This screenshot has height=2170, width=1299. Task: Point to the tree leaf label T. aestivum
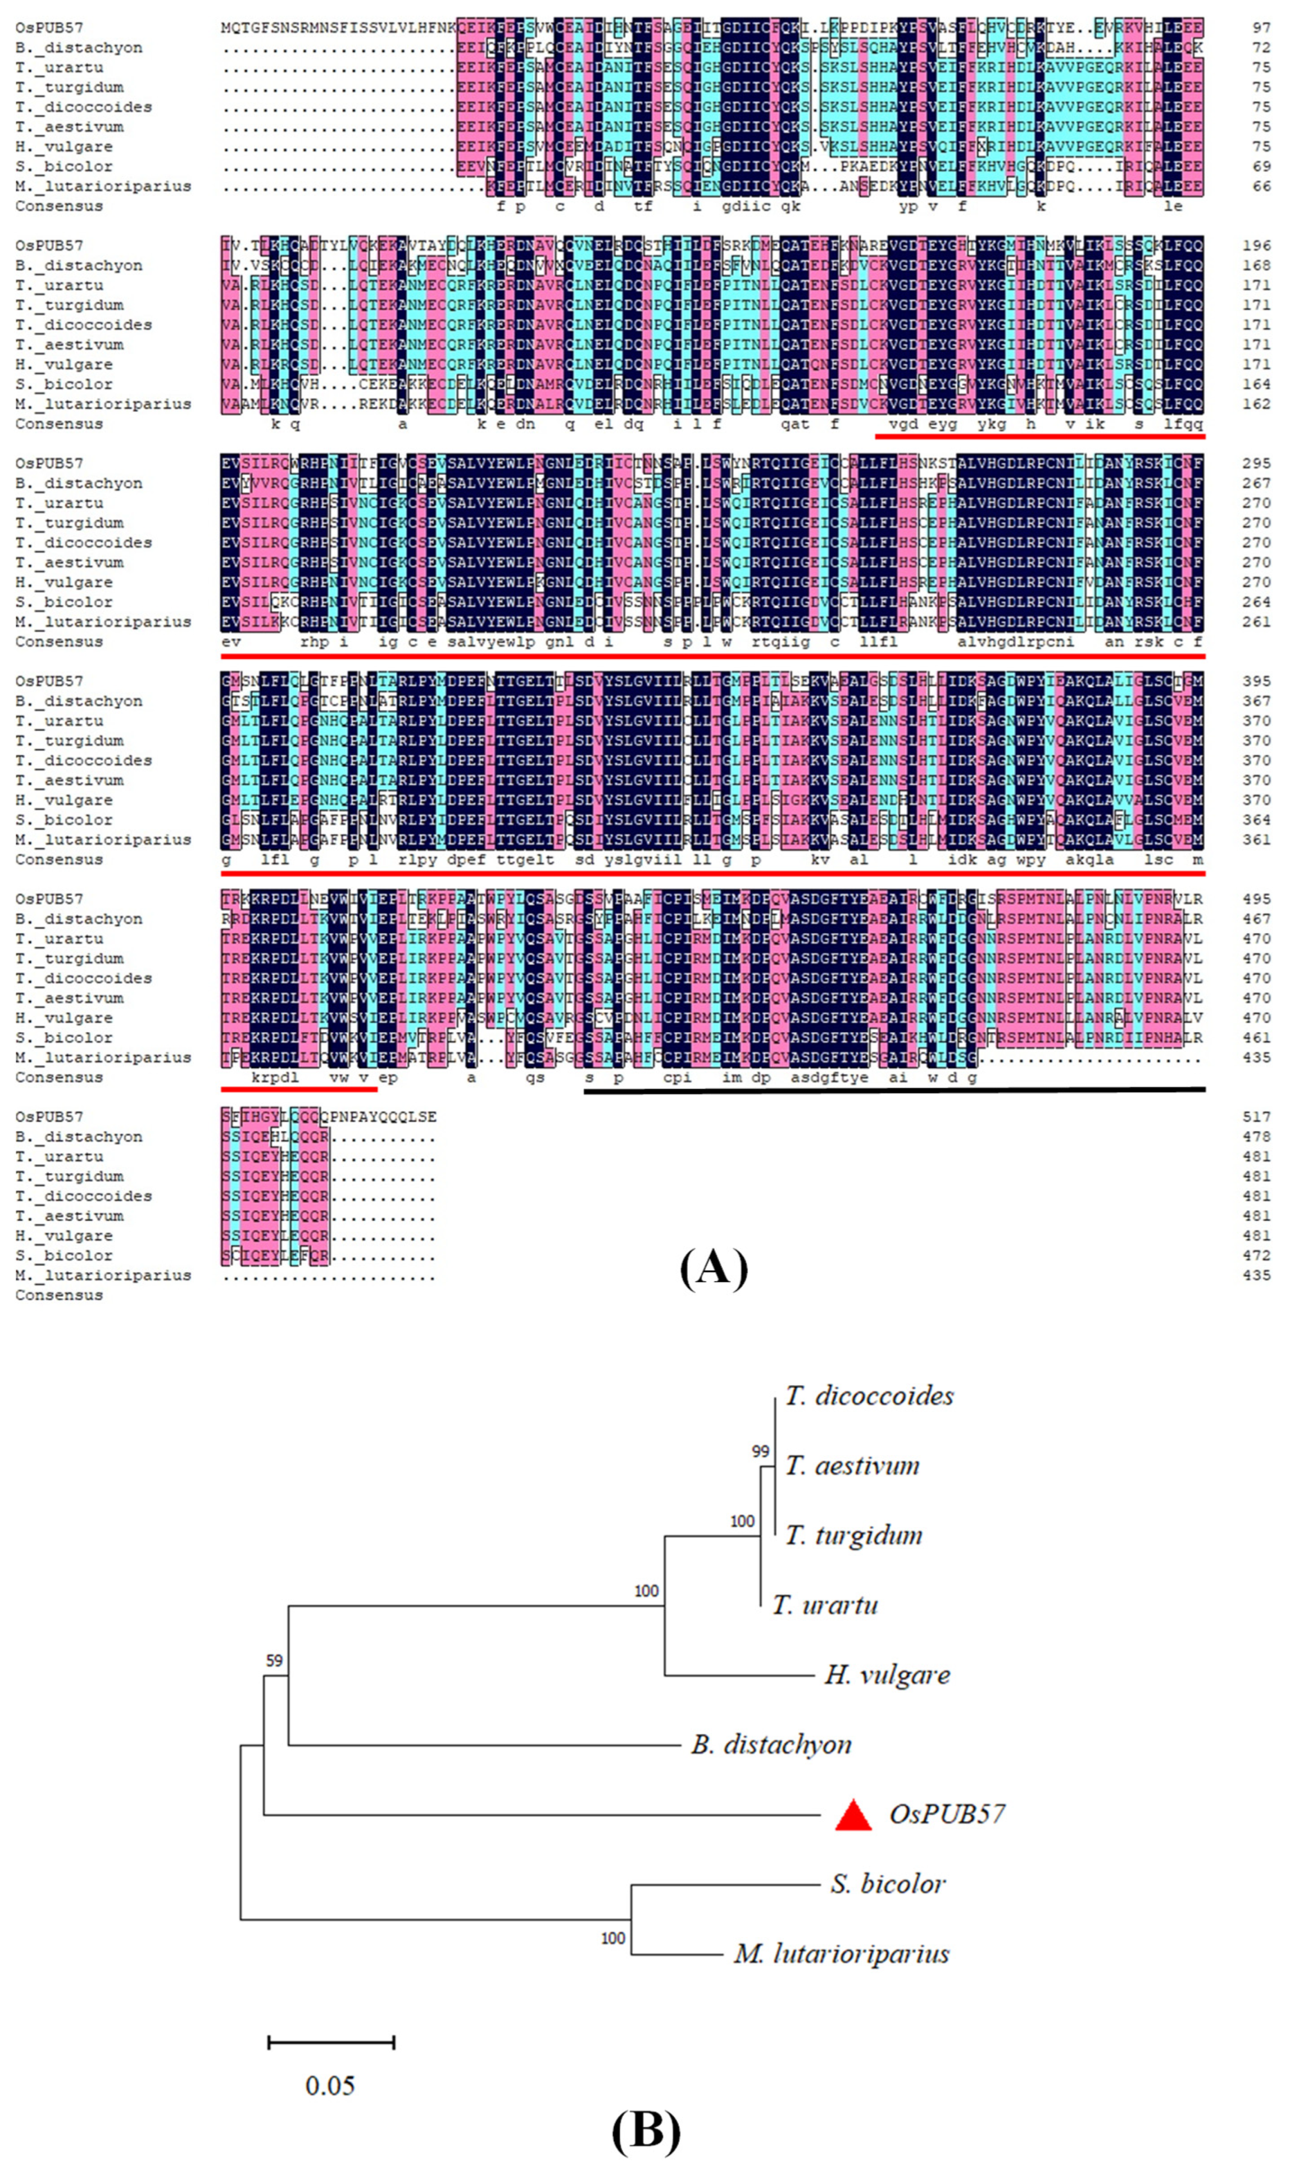tap(852, 1465)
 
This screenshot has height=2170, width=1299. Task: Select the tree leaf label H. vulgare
tap(887, 1674)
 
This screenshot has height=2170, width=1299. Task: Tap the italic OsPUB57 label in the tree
tap(947, 1814)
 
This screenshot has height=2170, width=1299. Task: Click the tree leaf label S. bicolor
tap(888, 1884)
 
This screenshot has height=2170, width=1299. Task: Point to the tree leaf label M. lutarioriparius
tap(841, 1954)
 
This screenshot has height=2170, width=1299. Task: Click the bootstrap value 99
tap(760, 1451)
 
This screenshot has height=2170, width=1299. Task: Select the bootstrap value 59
tap(274, 1660)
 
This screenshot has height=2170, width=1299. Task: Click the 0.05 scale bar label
tap(330, 2086)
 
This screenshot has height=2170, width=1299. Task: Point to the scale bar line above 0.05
tap(331, 2043)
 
